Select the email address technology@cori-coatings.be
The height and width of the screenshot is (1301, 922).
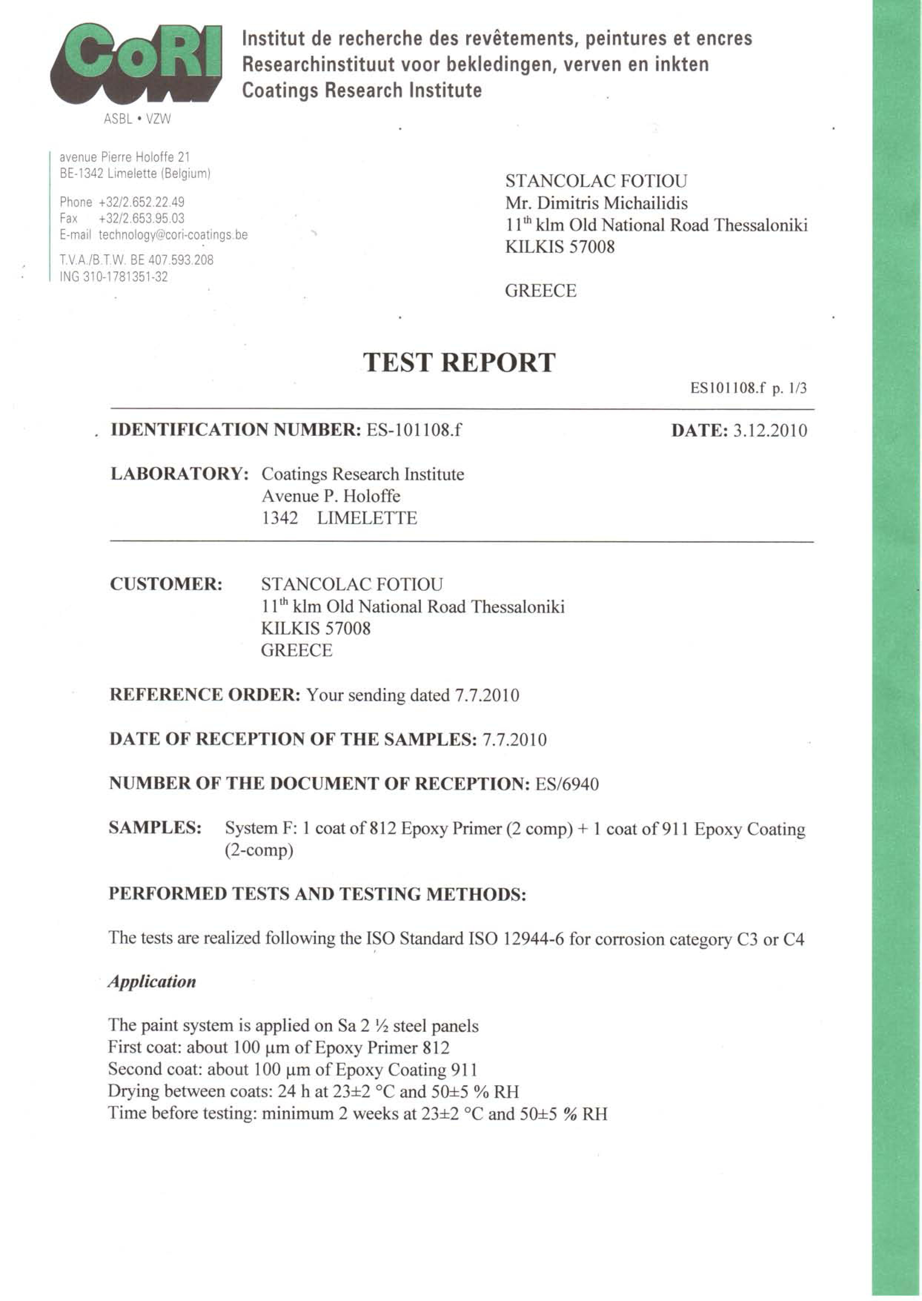(x=173, y=235)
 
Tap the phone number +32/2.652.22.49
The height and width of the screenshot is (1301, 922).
(x=141, y=202)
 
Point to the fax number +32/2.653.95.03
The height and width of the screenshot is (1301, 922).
(x=141, y=219)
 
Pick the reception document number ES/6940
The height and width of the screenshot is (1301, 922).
(x=567, y=784)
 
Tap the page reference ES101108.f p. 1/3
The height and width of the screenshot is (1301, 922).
(x=748, y=388)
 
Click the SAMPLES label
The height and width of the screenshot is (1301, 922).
(x=155, y=828)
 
